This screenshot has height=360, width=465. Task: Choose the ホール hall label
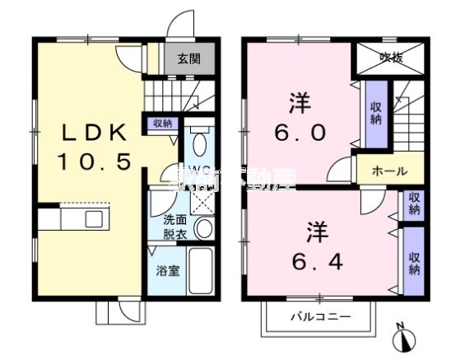tap(389, 171)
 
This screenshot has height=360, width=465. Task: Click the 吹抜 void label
tap(390, 57)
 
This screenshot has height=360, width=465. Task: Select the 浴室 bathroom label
tap(168, 270)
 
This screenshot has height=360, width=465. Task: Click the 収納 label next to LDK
tap(161, 124)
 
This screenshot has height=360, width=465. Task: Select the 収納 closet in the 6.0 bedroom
tap(375, 113)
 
